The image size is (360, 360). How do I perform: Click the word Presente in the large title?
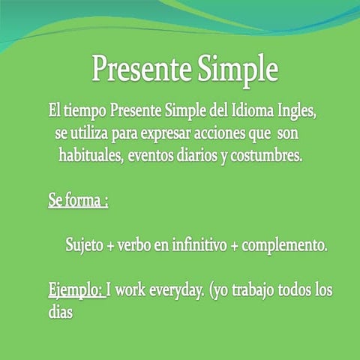(141, 70)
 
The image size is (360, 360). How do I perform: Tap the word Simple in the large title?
(238, 70)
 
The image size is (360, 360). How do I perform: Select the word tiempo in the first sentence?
(83, 112)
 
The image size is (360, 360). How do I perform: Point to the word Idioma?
(257, 112)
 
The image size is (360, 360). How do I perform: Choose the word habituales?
(92, 157)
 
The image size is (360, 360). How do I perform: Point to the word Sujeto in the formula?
(84, 245)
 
